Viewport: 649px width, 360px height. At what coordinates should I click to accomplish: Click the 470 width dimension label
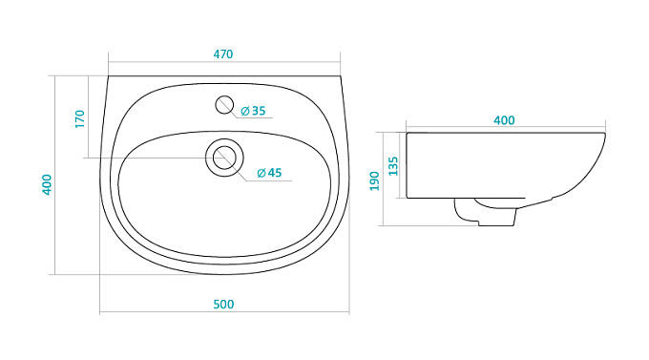click(223, 54)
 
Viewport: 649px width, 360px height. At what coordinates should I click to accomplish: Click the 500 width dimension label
click(223, 305)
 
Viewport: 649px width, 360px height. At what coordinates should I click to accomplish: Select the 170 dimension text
click(80, 119)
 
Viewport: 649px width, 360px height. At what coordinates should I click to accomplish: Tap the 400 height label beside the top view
click(47, 184)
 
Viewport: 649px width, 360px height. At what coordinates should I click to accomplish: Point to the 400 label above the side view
click(504, 120)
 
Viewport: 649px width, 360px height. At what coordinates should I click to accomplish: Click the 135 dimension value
click(393, 166)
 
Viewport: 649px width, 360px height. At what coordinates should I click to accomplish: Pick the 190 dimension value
click(374, 181)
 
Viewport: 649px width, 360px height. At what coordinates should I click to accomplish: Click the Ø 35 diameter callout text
click(253, 111)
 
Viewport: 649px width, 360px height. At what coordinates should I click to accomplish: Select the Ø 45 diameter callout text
click(269, 173)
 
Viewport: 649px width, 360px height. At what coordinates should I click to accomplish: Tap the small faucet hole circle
click(224, 105)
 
